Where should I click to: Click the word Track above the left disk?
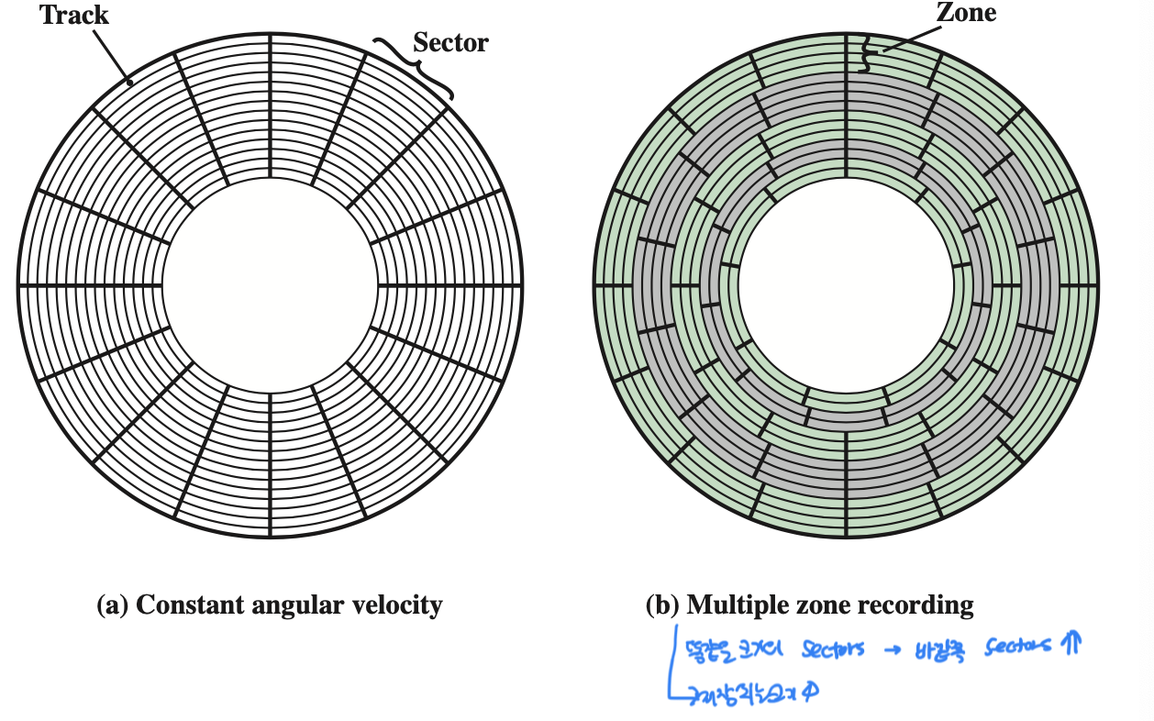(x=73, y=15)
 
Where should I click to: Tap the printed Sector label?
(x=450, y=42)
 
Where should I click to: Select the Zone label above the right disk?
(x=965, y=12)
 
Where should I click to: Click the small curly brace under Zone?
(x=863, y=57)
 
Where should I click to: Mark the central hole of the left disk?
(x=271, y=284)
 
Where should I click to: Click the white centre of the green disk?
(x=846, y=284)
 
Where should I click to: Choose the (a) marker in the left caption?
(x=112, y=605)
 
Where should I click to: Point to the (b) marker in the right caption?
(x=663, y=605)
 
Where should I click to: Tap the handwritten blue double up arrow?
(x=1068, y=646)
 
